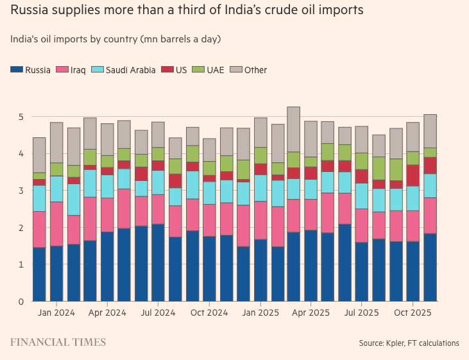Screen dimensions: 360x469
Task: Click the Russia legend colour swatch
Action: (x=16, y=70)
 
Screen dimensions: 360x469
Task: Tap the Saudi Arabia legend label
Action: (x=130, y=70)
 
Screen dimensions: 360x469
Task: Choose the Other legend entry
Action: (x=255, y=70)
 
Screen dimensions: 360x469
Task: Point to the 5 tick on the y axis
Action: (x=21, y=117)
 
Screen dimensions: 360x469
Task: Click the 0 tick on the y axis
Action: (x=21, y=301)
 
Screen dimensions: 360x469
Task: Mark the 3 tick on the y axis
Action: (x=21, y=191)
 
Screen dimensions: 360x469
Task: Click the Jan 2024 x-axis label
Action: (x=56, y=313)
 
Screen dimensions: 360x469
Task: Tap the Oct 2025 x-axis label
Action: (x=413, y=313)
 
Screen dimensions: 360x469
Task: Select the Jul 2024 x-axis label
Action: (x=158, y=313)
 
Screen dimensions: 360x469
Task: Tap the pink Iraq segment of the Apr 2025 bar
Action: (x=311, y=215)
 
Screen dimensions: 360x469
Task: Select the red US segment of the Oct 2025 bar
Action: (x=413, y=175)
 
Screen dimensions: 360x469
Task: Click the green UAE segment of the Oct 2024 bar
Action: (x=209, y=168)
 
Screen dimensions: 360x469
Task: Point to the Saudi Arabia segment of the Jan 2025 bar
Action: (x=260, y=188)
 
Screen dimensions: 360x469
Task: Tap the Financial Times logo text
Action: (x=58, y=342)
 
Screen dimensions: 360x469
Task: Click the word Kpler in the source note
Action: (x=398, y=343)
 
